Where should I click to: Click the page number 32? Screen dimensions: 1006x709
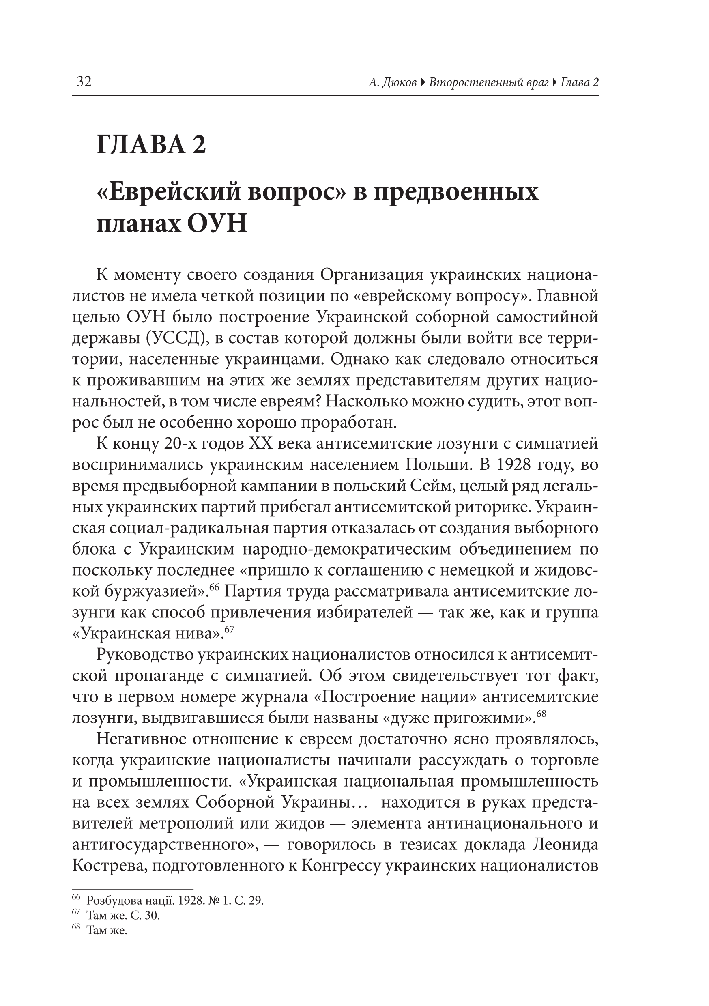(84, 82)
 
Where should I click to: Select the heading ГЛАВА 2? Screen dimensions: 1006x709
(151, 144)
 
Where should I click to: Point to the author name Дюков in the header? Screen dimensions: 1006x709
(399, 82)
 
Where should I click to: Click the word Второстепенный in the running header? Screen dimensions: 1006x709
(489, 82)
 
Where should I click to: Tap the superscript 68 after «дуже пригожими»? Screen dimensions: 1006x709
(541, 713)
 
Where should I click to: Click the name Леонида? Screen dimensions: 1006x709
(565, 845)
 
